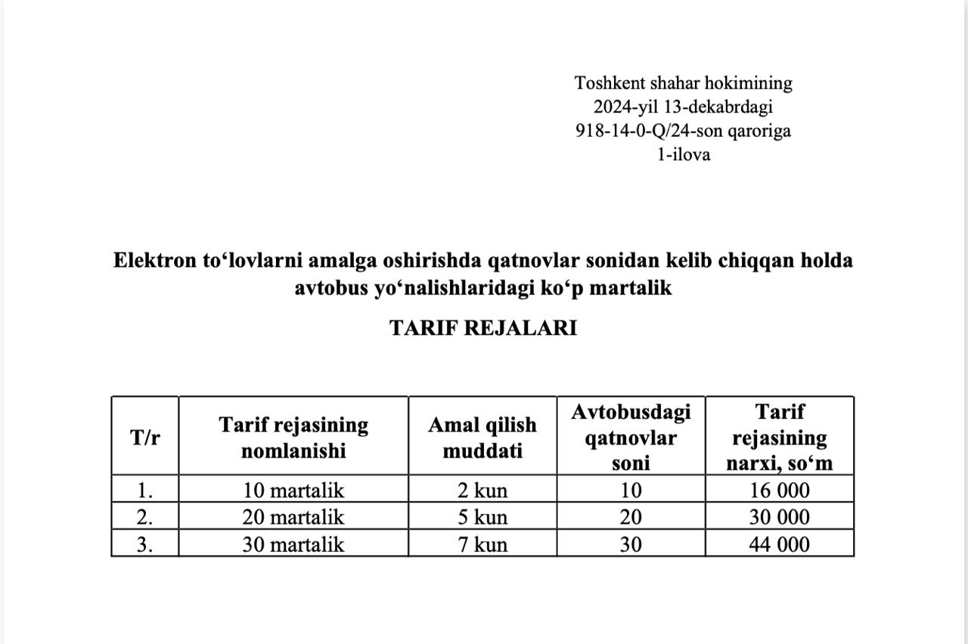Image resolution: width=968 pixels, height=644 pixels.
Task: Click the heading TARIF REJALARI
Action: click(x=482, y=328)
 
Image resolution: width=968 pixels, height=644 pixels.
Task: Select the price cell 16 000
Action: click(x=779, y=491)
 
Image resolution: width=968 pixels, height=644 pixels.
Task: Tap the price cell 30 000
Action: click(x=779, y=518)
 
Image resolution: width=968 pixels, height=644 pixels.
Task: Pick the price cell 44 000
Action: click(x=779, y=544)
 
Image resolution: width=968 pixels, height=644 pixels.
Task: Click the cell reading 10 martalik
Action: click(x=293, y=491)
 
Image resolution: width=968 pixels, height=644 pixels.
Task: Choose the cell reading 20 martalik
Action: click(x=293, y=518)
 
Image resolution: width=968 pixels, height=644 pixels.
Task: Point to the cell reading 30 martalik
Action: click(x=293, y=544)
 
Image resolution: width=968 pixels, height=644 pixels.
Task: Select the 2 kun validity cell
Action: click(x=482, y=491)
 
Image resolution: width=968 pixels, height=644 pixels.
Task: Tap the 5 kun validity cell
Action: click(x=482, y=518)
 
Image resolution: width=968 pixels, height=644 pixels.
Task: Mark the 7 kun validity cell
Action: click(x=482, y=544)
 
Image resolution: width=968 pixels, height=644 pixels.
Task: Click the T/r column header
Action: click(x=145, y=438)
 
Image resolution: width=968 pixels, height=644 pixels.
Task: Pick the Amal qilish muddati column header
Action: click(x=482, y=438)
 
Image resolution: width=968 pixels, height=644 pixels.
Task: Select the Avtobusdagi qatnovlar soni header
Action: click(x=631, y=438)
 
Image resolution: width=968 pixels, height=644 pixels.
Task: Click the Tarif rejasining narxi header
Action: click(x=779, y=438)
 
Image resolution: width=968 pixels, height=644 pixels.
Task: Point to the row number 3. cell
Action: click(x=145, y=544)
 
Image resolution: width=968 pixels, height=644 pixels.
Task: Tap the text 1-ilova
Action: click(x=684, y=155)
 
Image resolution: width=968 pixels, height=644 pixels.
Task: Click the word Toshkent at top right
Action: click(x=603, y=82)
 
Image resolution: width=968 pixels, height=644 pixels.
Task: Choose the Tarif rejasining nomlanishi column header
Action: click(x=293, y=438)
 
